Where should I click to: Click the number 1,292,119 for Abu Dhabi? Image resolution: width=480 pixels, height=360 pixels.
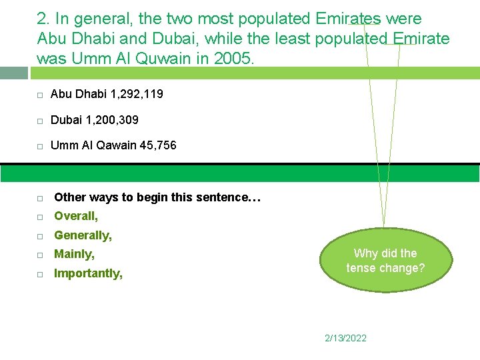click(132, 95)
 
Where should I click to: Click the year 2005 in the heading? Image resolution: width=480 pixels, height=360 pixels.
click(233, 59)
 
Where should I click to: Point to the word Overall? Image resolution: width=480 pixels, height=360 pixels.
click(76, 216)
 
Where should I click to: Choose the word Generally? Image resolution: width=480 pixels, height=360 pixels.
click(83, 235)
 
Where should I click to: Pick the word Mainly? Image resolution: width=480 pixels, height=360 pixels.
click(74, 254)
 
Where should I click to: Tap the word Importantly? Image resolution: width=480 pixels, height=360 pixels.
click(88, 273)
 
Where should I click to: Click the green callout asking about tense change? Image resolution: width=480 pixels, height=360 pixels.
click(385, 261)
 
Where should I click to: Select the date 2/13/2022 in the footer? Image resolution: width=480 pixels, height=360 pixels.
click(345, 338)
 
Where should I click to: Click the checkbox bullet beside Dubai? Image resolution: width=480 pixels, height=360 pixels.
click(40, 121)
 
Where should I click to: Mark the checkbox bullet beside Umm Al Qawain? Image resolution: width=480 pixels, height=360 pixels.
click(40, 145)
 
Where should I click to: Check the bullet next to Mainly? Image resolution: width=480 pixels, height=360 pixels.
click(40, 255)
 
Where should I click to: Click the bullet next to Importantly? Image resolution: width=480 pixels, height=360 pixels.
click(40, 275)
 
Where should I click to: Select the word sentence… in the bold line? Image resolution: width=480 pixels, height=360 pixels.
click(236, 197)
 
